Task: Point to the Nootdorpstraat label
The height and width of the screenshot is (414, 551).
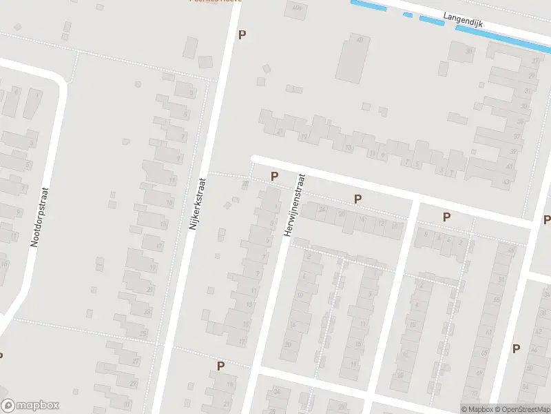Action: (x=39, y=217)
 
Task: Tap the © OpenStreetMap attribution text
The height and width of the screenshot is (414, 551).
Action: (x=521, y=409)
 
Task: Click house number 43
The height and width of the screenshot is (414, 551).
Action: (x=507, y=181)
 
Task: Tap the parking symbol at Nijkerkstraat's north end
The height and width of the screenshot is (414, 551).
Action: (x=241, y=34)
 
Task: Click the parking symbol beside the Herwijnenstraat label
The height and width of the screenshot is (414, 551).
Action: (x=274, y=177)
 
